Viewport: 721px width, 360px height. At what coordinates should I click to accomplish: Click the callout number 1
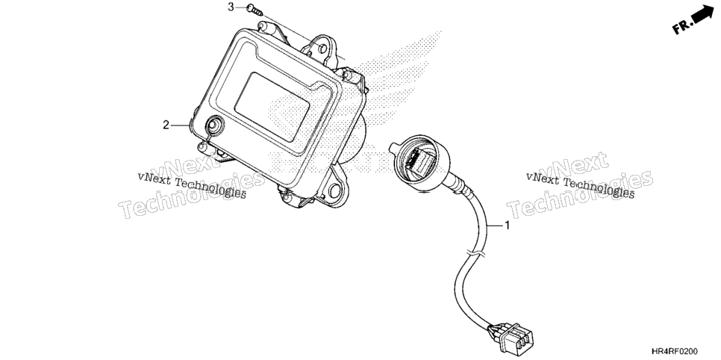[508, 226]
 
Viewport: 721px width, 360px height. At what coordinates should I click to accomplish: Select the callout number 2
[166, 125]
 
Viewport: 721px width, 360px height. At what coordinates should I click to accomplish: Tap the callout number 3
[231, 7]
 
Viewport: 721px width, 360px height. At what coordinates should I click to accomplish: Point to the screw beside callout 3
[255, 10]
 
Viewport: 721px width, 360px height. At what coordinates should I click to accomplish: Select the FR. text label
[681, 27]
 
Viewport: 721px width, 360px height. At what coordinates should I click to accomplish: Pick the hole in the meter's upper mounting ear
[322, 48]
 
